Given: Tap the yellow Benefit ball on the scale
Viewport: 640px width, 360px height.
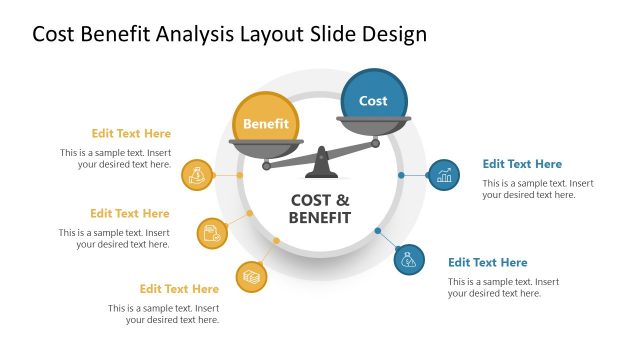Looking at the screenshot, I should click(265, 123).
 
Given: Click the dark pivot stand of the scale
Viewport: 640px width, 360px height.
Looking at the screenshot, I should click(320, 159).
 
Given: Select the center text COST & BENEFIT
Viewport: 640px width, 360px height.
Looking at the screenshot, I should click(320, 208).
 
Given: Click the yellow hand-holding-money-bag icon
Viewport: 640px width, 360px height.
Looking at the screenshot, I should click(197, 175).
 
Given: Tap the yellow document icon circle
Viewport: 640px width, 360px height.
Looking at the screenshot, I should click(212, 233).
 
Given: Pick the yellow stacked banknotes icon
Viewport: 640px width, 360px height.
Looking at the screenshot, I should click(251, 275).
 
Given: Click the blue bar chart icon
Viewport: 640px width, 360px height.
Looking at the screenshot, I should click(444, 175).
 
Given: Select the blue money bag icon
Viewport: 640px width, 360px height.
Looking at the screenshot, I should click(409, 261).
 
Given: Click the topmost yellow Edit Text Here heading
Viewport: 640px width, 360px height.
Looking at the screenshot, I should click(131, 133).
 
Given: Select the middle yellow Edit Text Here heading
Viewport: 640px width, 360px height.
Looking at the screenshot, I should click(130, 213).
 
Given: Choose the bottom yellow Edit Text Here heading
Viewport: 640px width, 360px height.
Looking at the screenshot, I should click(179, 289).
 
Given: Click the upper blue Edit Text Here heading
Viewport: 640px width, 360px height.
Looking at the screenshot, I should click(522, 164).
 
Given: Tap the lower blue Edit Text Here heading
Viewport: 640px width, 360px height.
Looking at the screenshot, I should click(487, 263).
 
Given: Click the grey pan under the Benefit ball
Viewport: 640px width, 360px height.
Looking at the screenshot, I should click(265, 147).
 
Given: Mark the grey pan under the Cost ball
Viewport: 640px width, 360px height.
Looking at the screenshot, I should click(373, 124).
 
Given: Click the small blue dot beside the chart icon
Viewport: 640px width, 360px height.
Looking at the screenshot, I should click(401, 175).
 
